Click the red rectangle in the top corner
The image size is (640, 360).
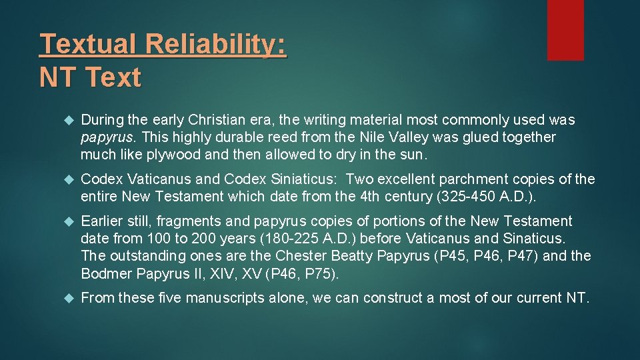click(x=565, y=30)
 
